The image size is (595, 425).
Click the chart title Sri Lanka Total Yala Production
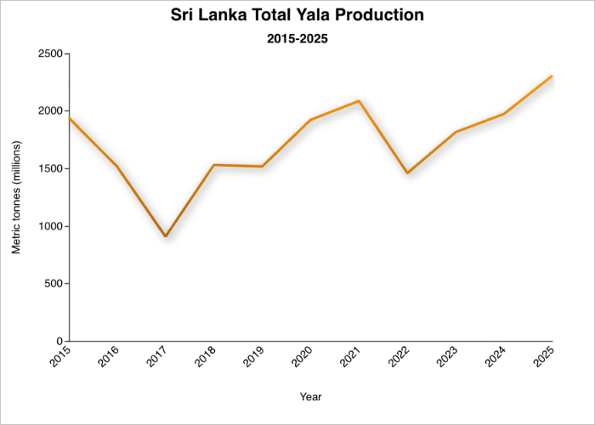tap(297, 15)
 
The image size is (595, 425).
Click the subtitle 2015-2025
tap(297, 38)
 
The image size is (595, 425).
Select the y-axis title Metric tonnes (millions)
tap(16, 197)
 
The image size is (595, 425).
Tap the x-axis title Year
tap(310, 396)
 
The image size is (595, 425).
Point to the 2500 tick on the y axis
tap(49, 54)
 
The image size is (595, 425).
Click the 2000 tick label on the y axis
tap(49, 111)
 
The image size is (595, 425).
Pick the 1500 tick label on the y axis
tap(49, 168)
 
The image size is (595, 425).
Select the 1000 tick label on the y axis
tap(49, 226)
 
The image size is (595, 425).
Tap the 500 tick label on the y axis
tap(54, 284)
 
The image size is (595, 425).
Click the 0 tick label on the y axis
tap(59, 342)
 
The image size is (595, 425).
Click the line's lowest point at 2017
tap(166, 236)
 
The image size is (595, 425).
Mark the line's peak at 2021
tap(360, 101)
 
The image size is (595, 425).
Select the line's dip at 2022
tap(408, 173)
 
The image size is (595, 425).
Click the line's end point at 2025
tap(552, 76)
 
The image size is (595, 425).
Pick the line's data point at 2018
tap(214, 165)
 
